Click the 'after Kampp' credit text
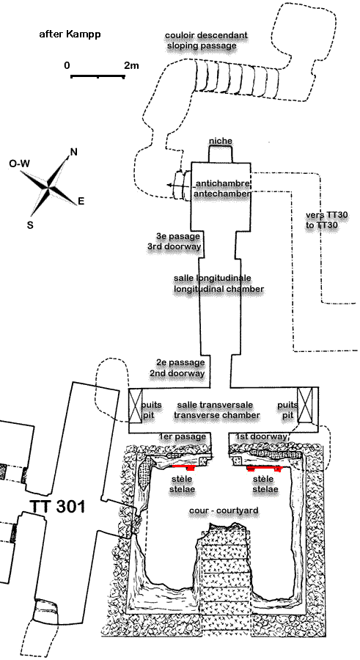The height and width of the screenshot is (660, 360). tap(70, 34)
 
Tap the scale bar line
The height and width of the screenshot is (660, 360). tap(98, 76)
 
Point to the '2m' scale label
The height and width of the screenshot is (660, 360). tap(131, 65)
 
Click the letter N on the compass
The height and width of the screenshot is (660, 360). tap(73, 152)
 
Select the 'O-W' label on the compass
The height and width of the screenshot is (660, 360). tap(19, 164)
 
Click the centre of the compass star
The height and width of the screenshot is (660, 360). tap(49, 188)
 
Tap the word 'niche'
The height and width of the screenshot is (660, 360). tap(221, 141)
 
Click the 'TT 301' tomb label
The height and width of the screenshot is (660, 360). tap(57, 506)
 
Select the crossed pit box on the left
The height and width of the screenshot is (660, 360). tap(136, 406)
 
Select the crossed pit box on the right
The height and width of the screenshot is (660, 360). tap(305, 405)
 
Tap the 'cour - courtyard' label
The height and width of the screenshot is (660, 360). tap(224, 510)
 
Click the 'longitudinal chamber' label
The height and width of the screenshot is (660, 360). tap(219, 289)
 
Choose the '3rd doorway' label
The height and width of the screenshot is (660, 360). tap(174, 246)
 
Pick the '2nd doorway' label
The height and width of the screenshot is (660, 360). tap(177, 373)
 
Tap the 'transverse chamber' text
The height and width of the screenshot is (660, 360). tap(217, 415)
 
